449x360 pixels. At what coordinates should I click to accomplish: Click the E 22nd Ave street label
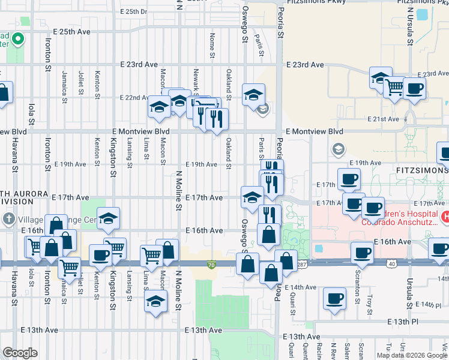(135, 97)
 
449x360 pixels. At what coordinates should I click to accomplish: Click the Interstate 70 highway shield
(211, 264)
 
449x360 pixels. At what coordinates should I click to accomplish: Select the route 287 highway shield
(301, 264)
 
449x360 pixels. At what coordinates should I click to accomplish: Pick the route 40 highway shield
(392, 264)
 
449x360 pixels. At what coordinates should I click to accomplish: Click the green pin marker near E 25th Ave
(19, 40)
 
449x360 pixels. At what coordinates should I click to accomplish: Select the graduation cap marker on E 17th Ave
(252, 197)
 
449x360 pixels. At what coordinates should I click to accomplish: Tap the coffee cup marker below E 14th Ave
(334, 298)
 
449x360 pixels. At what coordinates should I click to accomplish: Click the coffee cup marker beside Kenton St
(100, 254)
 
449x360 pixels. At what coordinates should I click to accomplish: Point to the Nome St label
(212, 46)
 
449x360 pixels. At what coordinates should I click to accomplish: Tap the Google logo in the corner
(20, 353)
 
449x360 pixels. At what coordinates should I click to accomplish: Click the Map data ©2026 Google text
(412, 355)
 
